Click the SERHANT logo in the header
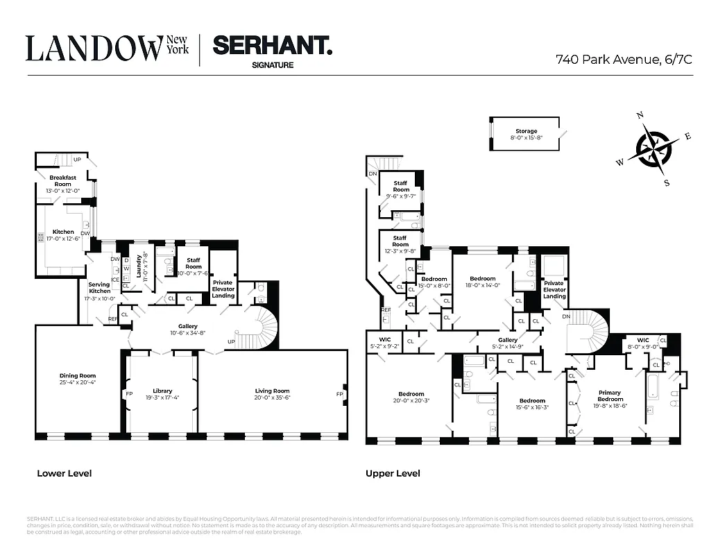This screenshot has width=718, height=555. pyautogui.click(x=272, y=46)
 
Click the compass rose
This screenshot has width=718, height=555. pyautogui.click(x=653, y=148)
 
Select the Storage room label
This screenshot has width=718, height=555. pyautogui.click(x=526, y=135)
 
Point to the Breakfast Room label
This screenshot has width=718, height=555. pyautogui.click(x=63, y=184)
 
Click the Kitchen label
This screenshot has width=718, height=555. pyautogui.click(x=63, y=235)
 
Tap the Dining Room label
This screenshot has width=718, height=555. pyautogui.click(x=77, y=379)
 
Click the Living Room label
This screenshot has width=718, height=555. pyautogui.click(x=272, y=394)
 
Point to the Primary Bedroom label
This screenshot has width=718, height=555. pyautogui.click(x=610, y=396)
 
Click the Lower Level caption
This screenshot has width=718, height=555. pyautogui.click(x=64, y=474)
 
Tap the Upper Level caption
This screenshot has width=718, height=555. pyautogui.click(x=393, y=474)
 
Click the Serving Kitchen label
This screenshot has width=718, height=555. pyautogui.click(x=99, y=291)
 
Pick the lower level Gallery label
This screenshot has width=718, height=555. pyautogui.click(x=187, y=329)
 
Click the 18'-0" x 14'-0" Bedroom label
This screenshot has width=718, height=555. pyautogui.click(x=482, y=282)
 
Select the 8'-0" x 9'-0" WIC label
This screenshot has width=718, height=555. pyautogui.click(x=643, y=343)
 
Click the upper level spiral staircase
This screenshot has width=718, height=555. pyautogui.click(x=586, y=333)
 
